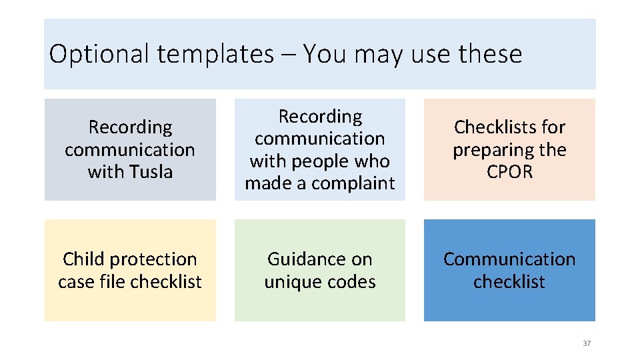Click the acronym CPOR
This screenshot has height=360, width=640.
click(x=509, y=172)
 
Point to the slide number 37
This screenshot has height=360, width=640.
click(x=587, y=343)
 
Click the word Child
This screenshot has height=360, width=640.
click(x=85, y=259)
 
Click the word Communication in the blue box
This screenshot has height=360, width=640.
click(x=509, y=259)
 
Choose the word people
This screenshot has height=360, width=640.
click(x=320, y=161)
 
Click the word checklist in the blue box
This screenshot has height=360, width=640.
click(x=509, y=282)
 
